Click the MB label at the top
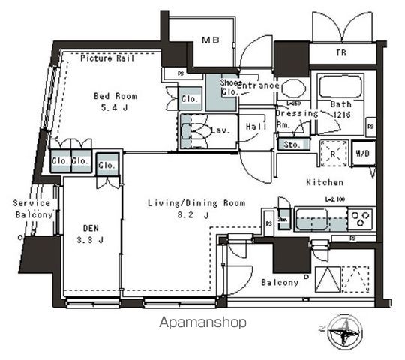211,40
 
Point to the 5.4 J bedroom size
114,108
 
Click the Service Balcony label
31,209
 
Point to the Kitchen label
324,182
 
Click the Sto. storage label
290,145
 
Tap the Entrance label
258,85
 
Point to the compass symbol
346,330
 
